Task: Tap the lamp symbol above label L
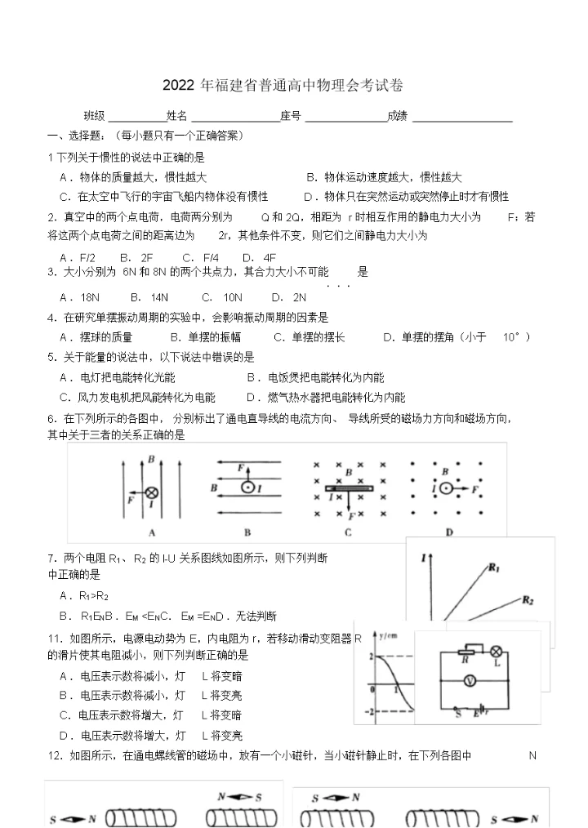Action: (x=494, y=651)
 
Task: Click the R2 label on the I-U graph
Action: (x=527, y=601)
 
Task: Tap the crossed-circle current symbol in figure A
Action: (x=152, y=492)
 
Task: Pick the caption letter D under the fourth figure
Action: (x=449, y=532)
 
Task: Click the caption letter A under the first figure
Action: (x=152, y=532)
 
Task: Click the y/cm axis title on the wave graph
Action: (x=386, y=634)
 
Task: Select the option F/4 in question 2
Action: (x=211, y=257)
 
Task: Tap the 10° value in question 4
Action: (x=514, y=336)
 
